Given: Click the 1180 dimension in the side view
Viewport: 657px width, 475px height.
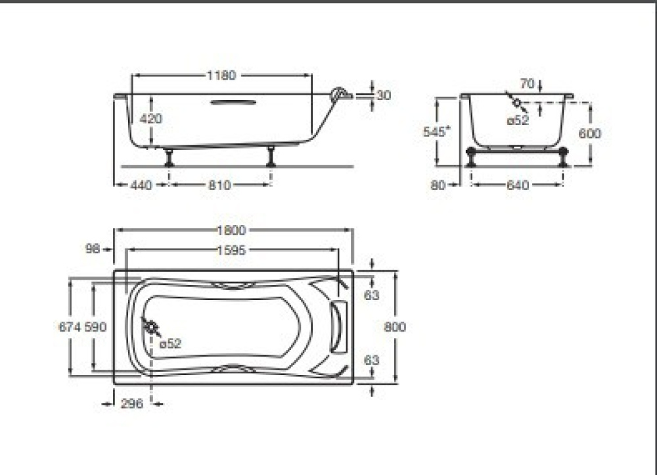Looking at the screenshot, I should click(x=221, y=75).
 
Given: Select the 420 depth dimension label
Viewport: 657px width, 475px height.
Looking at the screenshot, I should click(x=151, y=119).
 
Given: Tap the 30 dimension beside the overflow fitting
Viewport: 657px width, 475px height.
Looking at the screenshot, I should click(x=384, y=95).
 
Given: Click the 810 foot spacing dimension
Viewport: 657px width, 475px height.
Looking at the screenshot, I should click(x=219, y=186).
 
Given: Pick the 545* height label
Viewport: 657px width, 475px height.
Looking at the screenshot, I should click(x=436, y=131).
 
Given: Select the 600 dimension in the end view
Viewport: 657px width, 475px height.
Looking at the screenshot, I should click(x=589, y=134).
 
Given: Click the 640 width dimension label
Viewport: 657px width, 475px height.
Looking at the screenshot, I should click(x=518, y=186).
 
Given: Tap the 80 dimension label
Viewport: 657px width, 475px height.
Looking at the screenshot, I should click(x=438, y=186).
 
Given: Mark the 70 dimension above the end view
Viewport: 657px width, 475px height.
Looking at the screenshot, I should click(x=526, y=84).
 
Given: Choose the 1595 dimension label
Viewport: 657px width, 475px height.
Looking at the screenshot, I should click(x=231, y=250).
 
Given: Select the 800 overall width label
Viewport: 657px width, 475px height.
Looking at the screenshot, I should click(x=394, y=327).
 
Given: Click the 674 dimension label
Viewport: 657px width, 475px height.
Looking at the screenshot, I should click(x=70, y=327).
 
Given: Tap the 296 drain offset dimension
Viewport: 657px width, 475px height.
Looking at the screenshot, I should click(x=132, y=404).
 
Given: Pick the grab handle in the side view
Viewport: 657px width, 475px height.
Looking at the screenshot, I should click(x=233, y=102).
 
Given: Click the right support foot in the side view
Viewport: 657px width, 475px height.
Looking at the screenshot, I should click(x=271, y=157).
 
